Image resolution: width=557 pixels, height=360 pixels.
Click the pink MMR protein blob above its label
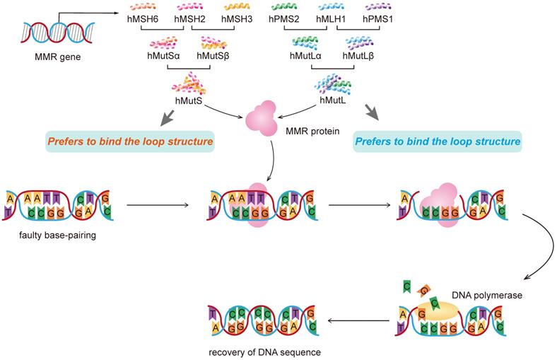point(262,116)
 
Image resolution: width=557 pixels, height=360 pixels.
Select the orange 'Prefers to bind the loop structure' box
point(130,141)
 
